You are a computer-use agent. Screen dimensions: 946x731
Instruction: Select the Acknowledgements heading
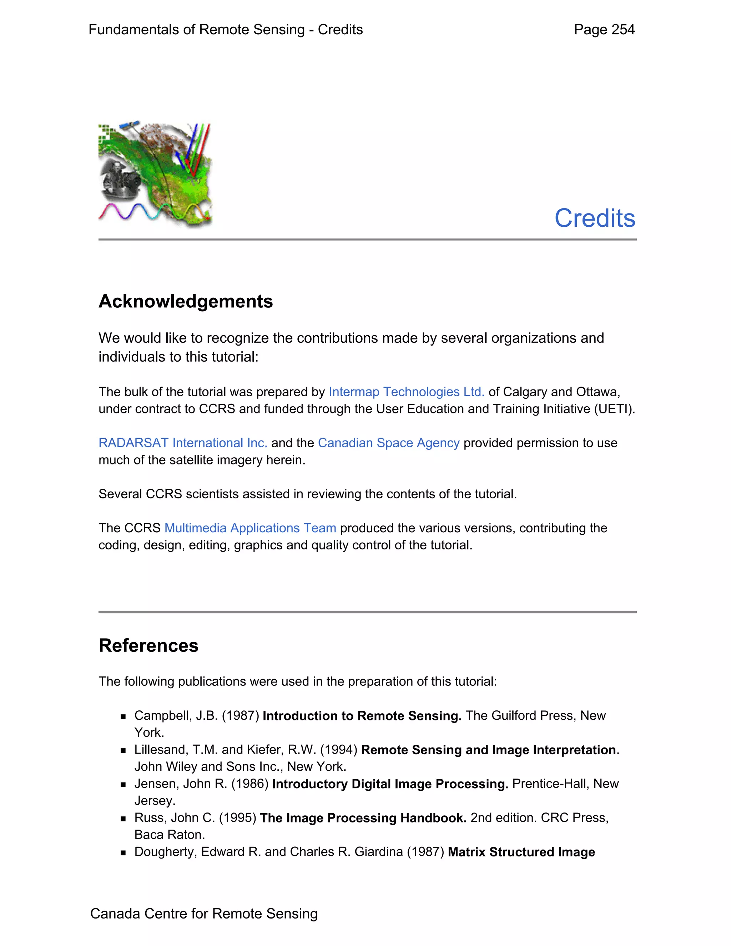pyautogui.click(x=186, y=302)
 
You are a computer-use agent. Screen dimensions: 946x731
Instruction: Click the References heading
pyautogui.click(x=148, y=645)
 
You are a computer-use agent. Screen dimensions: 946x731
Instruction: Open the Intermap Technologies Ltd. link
pyautogui.click(x=406, y=392)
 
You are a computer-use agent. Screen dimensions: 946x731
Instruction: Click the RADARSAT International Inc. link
pyautogui.click(x=183, y=443)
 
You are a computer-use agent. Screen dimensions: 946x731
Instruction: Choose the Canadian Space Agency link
pyautogui.click(x=388, y=443)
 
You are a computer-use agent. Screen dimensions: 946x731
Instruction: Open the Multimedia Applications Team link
pyautogui.click(x=250, y=528)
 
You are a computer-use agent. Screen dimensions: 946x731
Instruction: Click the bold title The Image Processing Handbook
pyautogui.click(x=363, y=818)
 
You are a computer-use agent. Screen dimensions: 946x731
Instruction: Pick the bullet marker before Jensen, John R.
pyautogui.click(x=123, y=784)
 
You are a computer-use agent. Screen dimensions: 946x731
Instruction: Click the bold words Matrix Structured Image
pyautogui.click(x=521, y=852)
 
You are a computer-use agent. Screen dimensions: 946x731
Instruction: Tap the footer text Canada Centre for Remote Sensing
pyautogui.click(x=203, y=914)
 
